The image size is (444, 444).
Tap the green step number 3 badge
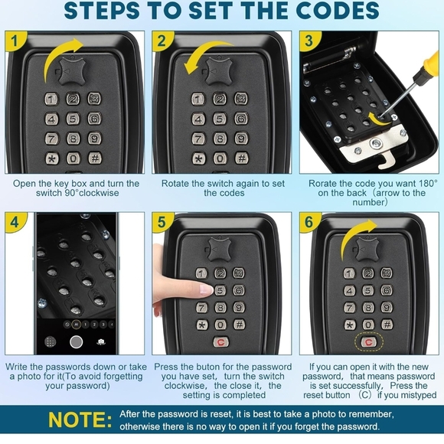tap(309, 41)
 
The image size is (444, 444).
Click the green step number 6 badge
tap(309, 223)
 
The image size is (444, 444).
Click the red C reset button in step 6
tap(369, 342)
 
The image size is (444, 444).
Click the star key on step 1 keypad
tap(51, 158)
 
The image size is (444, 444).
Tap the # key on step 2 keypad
tap(241, 158)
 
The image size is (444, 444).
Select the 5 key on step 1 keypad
tap(73, 119)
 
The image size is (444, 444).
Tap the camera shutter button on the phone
tap(76, 341)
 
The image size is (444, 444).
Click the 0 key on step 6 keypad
tap(369, 324)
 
